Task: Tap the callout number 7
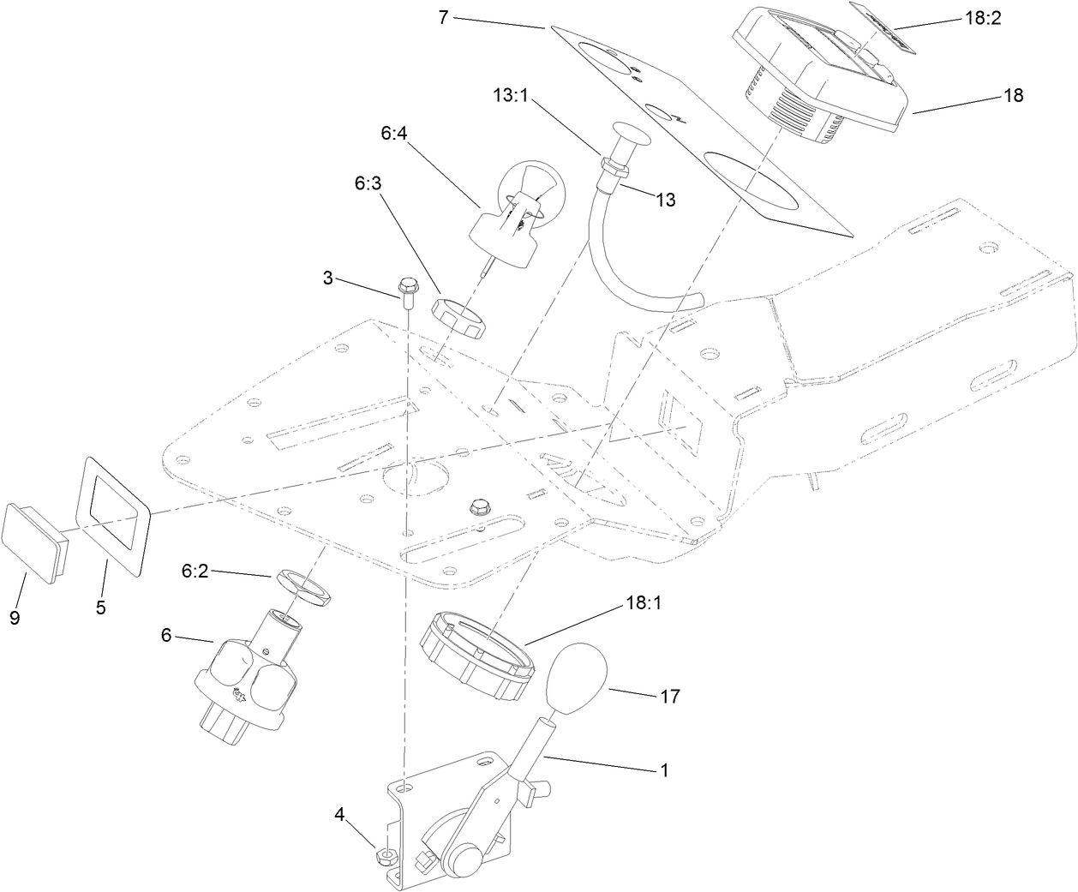[443, 18]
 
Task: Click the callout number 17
[669, 697]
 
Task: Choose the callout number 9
[15, 617]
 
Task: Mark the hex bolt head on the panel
[478, 506]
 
